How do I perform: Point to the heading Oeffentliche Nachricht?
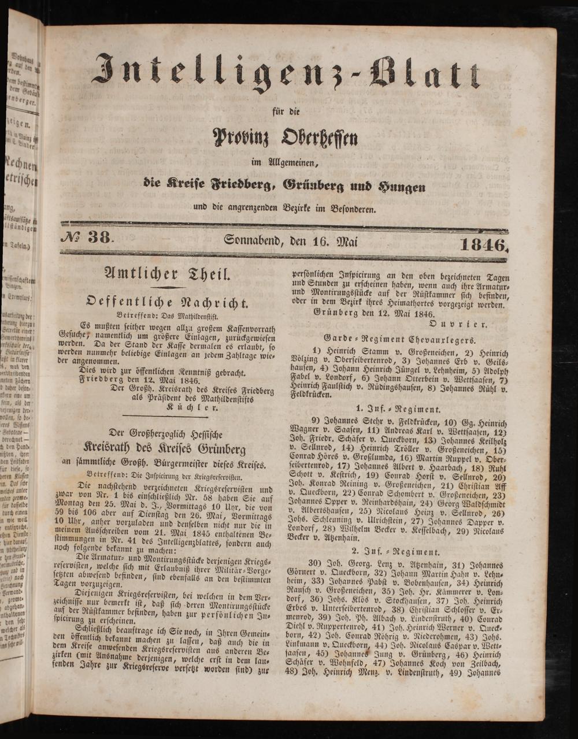coord(167,302)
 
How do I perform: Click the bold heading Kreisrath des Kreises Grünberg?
coord(165,449)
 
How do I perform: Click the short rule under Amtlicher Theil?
coord(167,287)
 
